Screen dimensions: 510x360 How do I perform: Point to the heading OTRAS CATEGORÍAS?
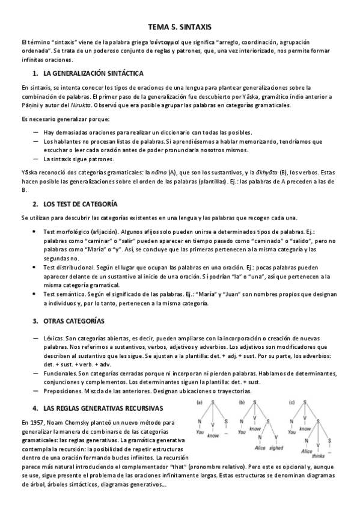73,321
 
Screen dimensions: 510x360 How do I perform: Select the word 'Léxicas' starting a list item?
53,339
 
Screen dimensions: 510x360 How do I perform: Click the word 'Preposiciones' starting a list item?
63,391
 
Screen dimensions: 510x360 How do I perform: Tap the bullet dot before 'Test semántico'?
35,294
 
